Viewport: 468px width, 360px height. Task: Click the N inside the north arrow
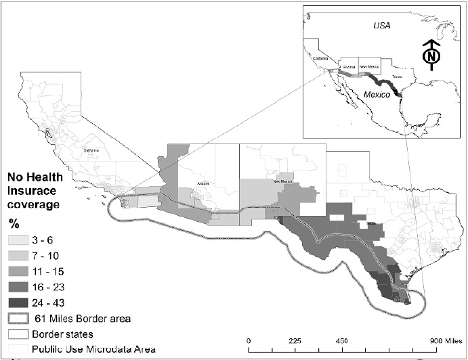(430, 57)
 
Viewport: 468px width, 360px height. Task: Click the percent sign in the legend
(12, 222)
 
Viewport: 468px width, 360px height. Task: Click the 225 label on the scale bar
(295, 340)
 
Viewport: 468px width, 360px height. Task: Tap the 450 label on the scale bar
(341, 340)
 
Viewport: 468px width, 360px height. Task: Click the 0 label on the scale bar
(249, 340)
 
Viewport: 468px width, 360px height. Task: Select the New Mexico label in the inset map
(369, 66)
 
